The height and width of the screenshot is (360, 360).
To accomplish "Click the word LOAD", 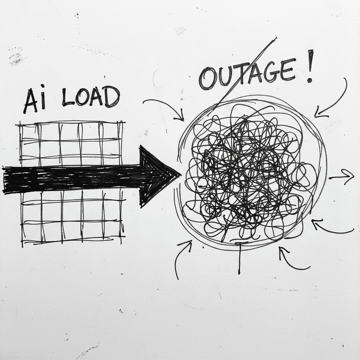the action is (91, 98).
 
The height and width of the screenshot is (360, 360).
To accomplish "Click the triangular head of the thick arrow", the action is (156, 176).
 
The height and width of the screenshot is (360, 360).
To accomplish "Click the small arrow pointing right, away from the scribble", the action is (342, 177).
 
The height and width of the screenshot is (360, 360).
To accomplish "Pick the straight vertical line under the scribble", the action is (239, 258).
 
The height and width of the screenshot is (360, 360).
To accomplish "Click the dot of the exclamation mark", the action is (310, 80).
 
